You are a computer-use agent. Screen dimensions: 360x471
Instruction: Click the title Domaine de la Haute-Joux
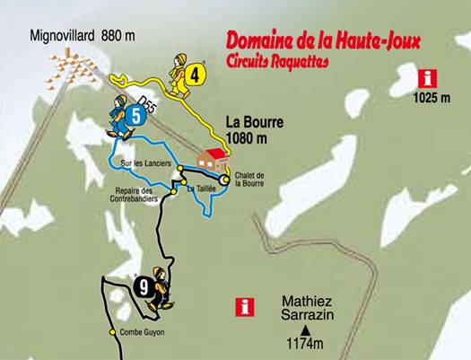(x=323, y=41)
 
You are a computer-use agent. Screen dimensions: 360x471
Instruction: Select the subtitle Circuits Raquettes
(x=278, y=63)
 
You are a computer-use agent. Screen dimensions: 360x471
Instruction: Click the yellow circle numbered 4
(x=195, y=75)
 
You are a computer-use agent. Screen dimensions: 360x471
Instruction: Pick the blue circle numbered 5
(x=135, y=115)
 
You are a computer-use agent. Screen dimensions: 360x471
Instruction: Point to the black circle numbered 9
(x=144, y=287)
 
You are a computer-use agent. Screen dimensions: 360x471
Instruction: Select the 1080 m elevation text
(x=248, y=139)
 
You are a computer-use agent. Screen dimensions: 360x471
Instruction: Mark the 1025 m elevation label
(x=432, y=97)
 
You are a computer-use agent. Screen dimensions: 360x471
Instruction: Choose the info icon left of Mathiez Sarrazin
(x=241, y=307)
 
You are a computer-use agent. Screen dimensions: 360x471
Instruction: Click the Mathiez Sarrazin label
(x=307, y=310)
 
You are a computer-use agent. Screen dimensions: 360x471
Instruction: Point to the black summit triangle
(x=305, y=330)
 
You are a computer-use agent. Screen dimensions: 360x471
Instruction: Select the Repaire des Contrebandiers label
(x=136, y=195)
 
